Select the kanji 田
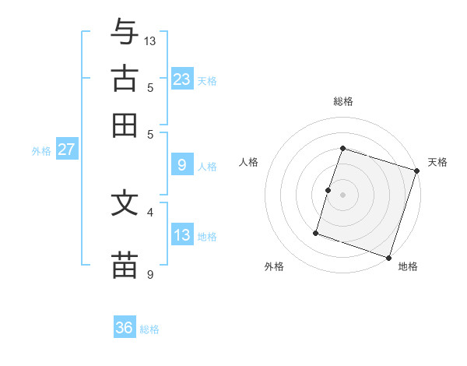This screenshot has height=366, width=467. coord(125,125)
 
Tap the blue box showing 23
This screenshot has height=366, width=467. coord(182,79)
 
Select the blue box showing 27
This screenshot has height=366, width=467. coord(66,150)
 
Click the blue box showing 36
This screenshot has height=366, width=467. coord(125,328)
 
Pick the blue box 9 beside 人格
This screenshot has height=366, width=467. coord(182,164)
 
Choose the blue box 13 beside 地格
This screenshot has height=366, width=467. coord(182,235)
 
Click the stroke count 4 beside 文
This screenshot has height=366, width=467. coord(150,211)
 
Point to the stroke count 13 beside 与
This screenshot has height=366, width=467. coord(150,40)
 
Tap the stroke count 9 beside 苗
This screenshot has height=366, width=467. coord(150,274)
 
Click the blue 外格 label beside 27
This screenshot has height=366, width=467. coord(41,151)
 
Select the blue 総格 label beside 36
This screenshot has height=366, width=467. coord(149,329)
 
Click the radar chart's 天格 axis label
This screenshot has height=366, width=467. coord(437,162)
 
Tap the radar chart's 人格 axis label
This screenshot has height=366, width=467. coord(248,162)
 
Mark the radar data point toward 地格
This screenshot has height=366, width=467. coord(389,257)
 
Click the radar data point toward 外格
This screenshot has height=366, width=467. coord(316,232)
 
